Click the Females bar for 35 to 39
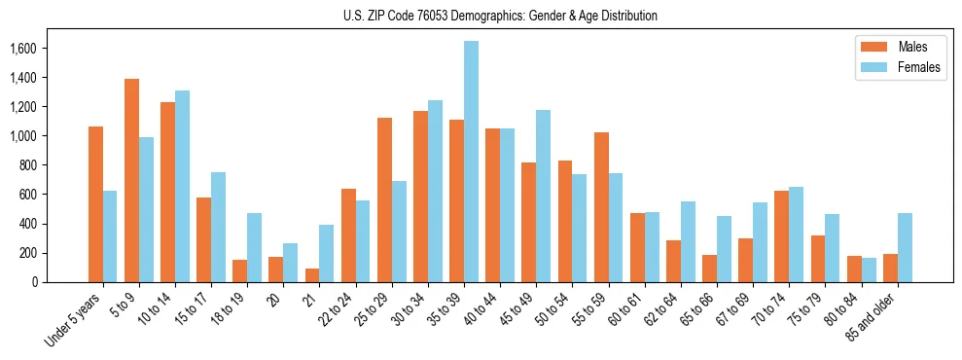[471, 162]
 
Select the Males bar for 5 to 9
[131, 180]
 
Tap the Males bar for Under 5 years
[95, 204]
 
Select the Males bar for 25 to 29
[384, 199]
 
